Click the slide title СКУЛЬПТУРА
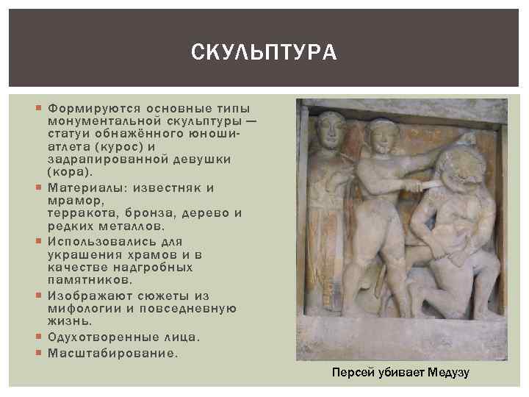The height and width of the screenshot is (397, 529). tap(264, 52)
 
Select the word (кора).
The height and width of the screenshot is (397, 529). tap(71, 172)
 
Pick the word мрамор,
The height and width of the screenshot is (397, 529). tap(71, 200)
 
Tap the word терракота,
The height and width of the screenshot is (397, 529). tap(83, 213)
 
